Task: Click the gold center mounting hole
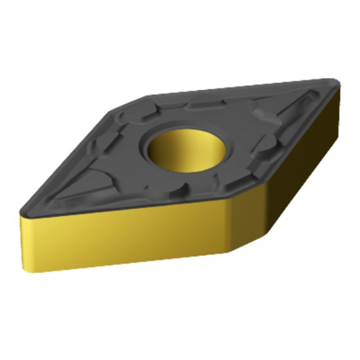(x=187, y=150)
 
